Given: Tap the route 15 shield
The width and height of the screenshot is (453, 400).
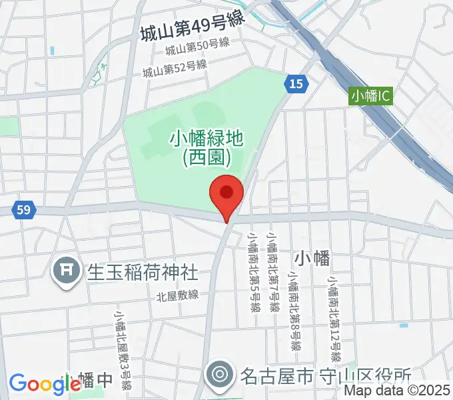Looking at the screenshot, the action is (296, 83).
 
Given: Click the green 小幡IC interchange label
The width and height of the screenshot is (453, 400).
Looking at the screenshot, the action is (371, 97).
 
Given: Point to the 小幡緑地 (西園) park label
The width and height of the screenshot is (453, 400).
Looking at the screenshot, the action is (207, 147).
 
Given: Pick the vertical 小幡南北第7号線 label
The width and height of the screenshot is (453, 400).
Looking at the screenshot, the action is (272, 273).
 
